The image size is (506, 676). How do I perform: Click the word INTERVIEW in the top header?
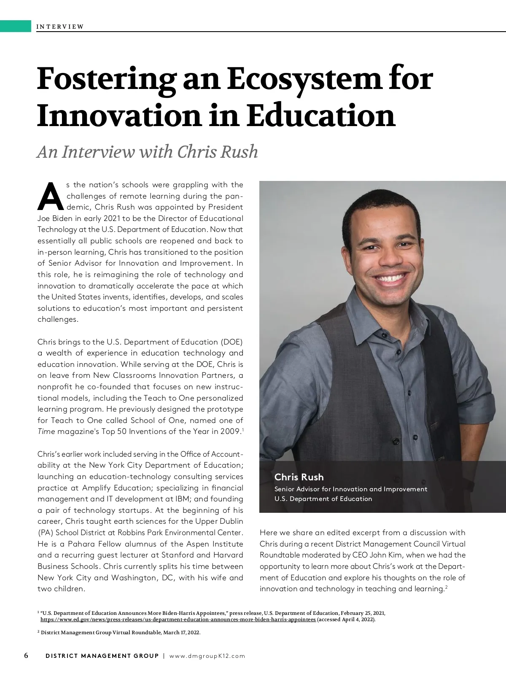pos(60,27)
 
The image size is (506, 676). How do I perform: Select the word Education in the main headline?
pos(320,116)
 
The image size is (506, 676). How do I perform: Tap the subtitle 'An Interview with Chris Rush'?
pos(147,152)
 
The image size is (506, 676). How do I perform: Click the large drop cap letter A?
pos(50,197)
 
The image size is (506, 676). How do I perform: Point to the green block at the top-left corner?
pos(16,26)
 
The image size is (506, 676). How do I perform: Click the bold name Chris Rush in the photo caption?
pos(299,477)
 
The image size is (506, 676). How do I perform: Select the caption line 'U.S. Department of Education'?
pos(323,499)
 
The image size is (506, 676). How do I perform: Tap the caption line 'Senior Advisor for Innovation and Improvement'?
pos(350,489)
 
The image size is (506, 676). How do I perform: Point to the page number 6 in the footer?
pos(26,655)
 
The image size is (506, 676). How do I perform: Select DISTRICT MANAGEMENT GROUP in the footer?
pos(102,656)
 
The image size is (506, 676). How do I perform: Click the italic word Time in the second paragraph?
pos(46,431)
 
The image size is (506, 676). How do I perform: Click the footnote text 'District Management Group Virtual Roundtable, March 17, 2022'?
pos(121,633)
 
